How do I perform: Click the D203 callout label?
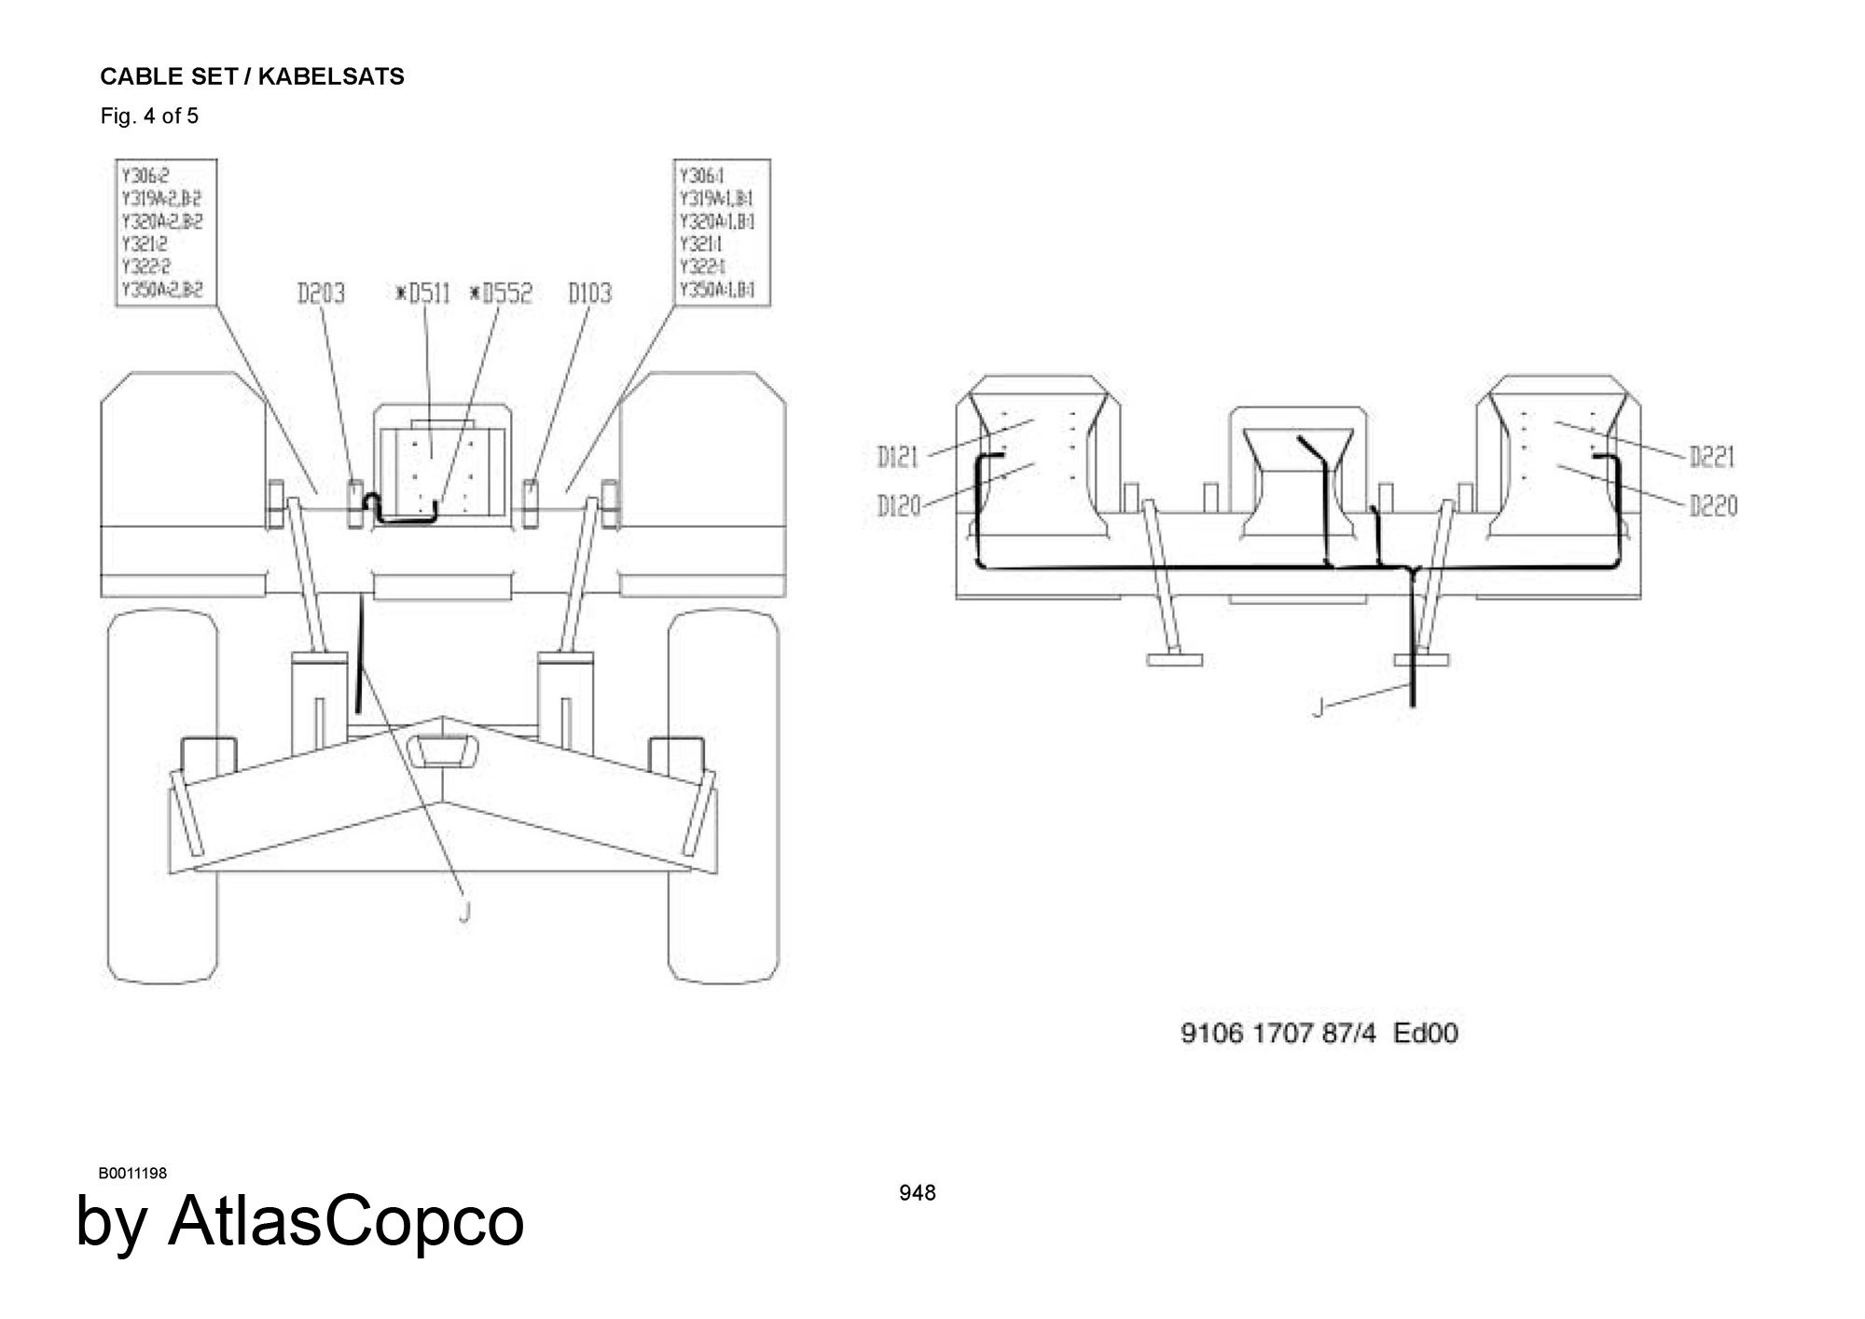321,294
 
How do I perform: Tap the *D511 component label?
422,294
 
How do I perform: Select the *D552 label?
501,294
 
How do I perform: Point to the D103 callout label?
590,294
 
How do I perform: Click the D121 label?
898,457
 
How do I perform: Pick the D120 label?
898,506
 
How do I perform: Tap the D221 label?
1712,457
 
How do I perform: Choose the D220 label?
1713,506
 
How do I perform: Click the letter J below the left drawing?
464,911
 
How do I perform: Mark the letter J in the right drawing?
1318,709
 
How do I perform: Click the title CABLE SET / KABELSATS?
252,76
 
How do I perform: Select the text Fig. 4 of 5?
149,117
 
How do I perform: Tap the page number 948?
918,1192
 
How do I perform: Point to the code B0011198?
132,1173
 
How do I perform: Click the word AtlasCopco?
346,1221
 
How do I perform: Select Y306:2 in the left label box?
145,176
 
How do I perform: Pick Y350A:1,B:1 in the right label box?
717,289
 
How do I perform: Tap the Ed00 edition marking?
1426,1033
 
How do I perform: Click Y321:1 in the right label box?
701,244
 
